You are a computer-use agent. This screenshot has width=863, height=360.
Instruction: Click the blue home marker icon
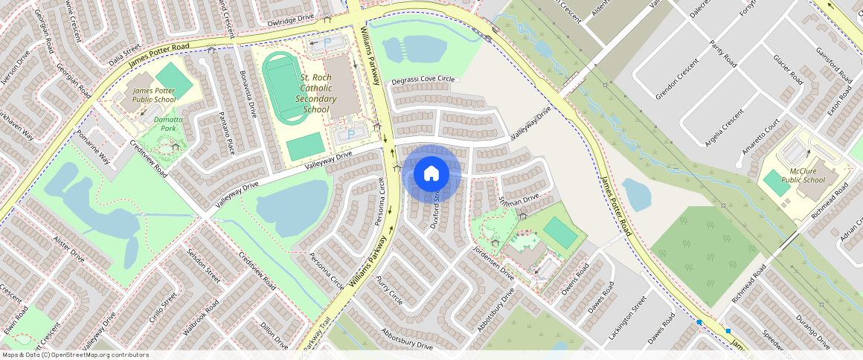pyautogui.click(x=431, y=174)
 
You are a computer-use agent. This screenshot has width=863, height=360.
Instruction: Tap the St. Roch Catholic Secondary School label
pyautogui.click(x=316, y=93)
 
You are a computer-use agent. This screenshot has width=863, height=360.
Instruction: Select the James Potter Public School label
pyautogui.click(x=154, y=94)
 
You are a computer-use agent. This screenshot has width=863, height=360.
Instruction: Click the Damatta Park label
pyautogui.click(x=168, y=123)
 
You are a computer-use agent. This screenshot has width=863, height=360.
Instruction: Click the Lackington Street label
pyautogui.click(x=627, y=318)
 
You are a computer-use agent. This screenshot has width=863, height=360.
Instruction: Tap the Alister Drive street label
pyautogui.click(x=69, y=247)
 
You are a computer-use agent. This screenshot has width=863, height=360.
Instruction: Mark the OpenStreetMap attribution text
pyautogui.click(x=75, y=355)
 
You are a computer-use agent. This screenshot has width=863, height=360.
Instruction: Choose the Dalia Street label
pyautogui.click(x=124, y=56)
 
